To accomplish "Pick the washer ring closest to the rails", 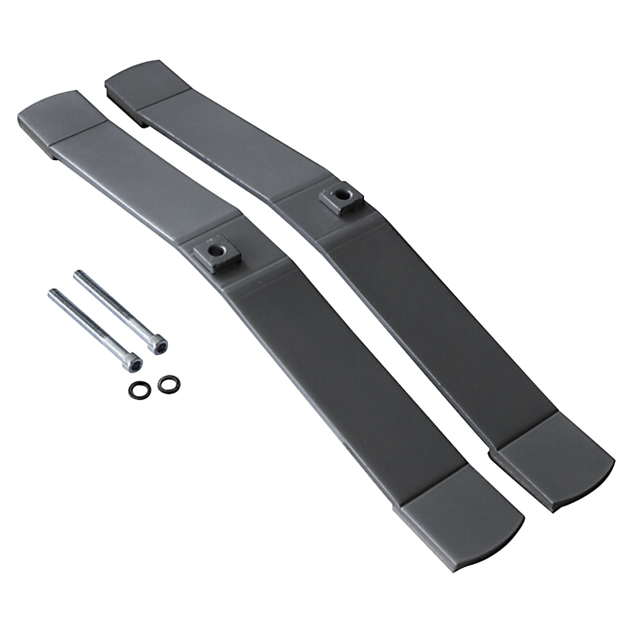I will tap(168, 383).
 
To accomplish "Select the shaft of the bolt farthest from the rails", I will tap(92, 327).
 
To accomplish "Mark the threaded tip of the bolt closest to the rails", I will tap(80, 275).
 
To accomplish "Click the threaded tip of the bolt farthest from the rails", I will tap(54, 293).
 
